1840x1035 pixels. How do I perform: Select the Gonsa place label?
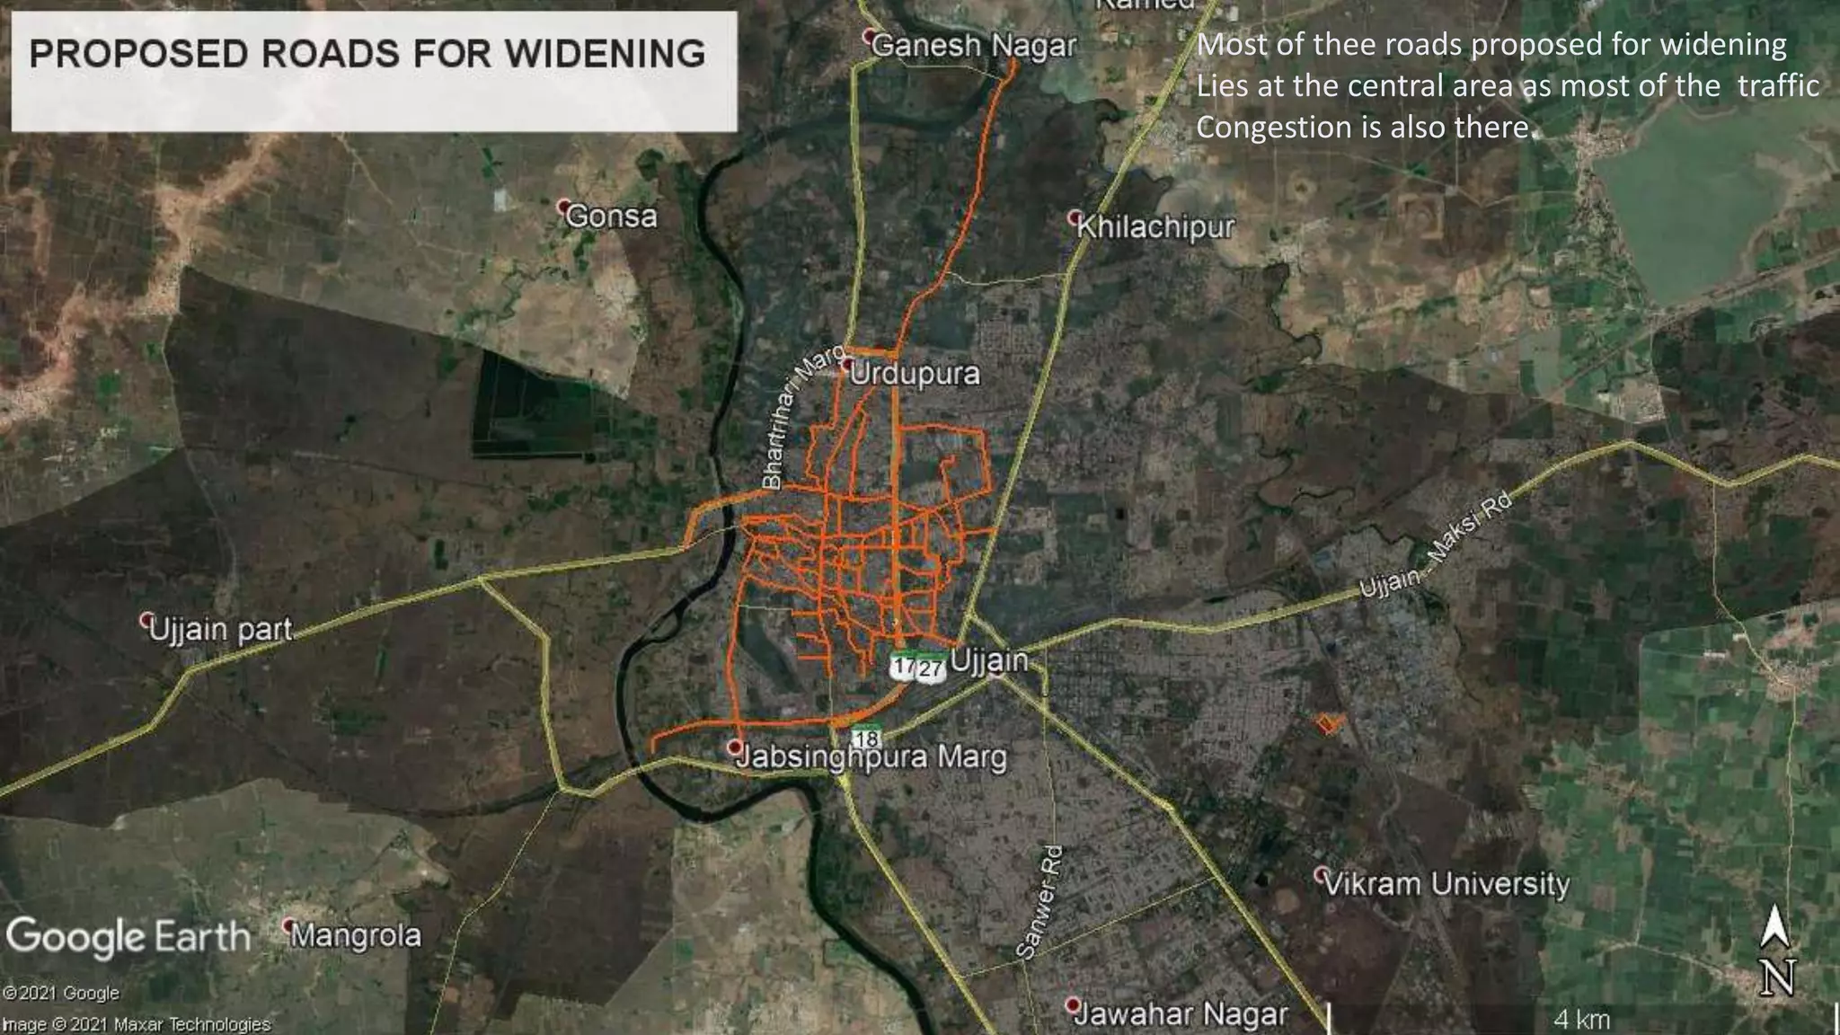tap(611, 217)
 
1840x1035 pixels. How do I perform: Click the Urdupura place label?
tap(915, 374)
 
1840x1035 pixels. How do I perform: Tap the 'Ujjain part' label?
tap(221, 629)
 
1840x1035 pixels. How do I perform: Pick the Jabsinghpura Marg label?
tap(871, 756)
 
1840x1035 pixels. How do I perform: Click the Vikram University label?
tap(1446, 883)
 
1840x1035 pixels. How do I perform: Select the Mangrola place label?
tap(356, 935)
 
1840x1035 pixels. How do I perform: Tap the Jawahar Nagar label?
tap(1181, 1014)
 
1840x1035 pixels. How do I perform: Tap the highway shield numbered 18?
tap(866, 739)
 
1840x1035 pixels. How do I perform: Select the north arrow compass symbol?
tap(1775, 951)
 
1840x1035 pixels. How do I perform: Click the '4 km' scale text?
tap(1581, 1020)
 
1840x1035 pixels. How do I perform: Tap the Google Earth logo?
tap(128, 937)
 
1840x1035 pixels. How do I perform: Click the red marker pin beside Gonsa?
tap(564, 207)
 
